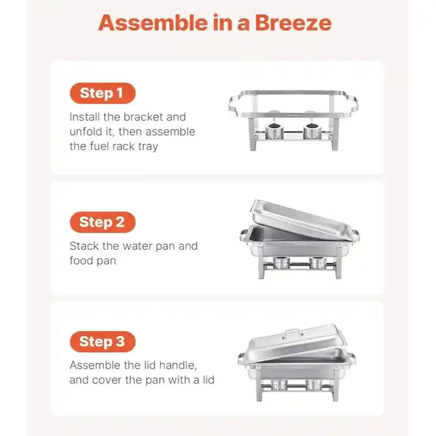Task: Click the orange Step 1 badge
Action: point(103,93)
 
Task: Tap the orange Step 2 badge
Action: point(103,222)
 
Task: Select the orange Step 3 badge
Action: point(103,342)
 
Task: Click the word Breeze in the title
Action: point(293,23)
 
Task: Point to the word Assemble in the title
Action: point(153,23)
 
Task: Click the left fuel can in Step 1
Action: point(274,131)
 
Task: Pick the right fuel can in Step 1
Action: point(312,131)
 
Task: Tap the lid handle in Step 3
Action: point(294,332)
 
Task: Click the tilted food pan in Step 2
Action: point(300,220)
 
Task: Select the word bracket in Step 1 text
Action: point(143,117)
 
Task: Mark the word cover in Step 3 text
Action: point(107,380)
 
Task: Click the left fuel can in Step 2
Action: point(281,263)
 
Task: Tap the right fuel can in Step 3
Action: point(313,385)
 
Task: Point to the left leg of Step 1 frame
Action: point(253,134)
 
